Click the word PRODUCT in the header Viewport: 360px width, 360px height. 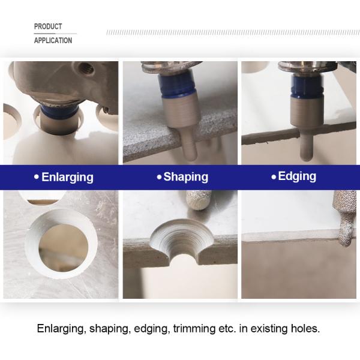[x=48, y=26]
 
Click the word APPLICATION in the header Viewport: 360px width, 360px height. [x=53, y=40]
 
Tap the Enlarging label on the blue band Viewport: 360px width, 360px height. [x=67, y=177]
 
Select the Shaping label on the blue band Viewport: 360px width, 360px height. [x=186, y=177]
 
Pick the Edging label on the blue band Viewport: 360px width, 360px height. [x=297, y=176]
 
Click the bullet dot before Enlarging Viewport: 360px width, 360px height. [x=37, y=177]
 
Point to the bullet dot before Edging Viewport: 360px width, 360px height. [x=274, y=177]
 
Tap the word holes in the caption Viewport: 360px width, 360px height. [x=305, y=328]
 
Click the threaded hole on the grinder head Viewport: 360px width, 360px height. [x=86, y=68]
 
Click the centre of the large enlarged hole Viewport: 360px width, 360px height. [x=64, y=247]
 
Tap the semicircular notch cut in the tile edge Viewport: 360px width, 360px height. [x=181, y=238]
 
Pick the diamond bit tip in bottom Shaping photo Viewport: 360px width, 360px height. [x=199, y=200]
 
